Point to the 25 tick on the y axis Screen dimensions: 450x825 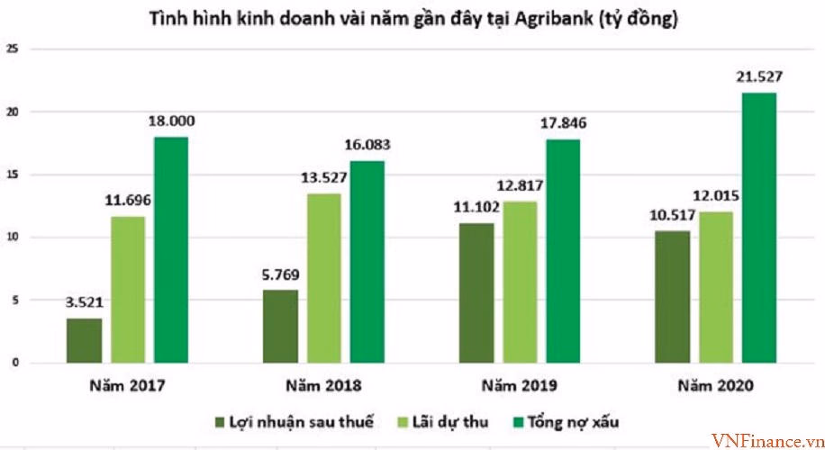12,49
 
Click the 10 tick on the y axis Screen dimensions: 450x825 12,238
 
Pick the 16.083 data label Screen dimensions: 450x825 368,144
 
